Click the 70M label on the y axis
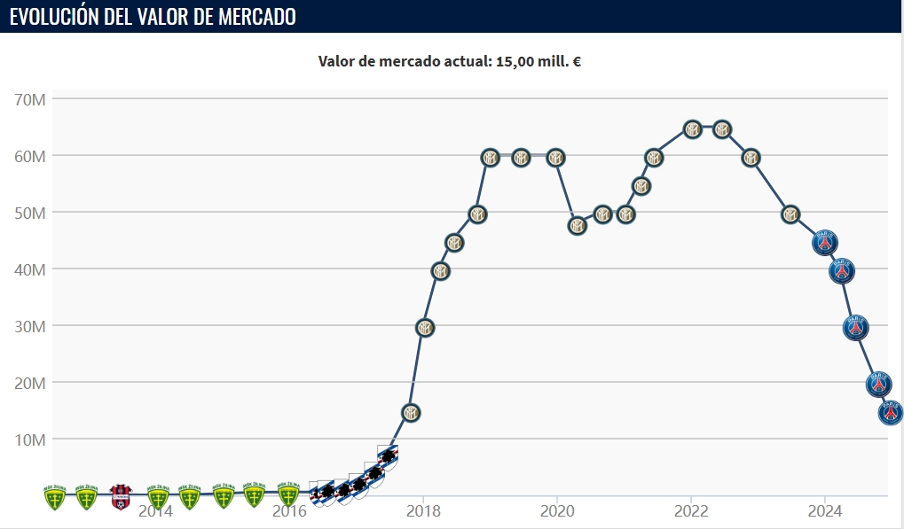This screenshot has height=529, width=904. click(x=30, y=99)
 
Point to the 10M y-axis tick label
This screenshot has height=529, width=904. click(x=30, y=440)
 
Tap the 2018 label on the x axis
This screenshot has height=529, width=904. click(x=423, y=511)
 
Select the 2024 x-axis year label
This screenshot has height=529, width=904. click(x=824, y=511)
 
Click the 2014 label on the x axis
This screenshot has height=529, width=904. click(x=156, y=511)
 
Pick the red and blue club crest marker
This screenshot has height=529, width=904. click(x=121, y=496)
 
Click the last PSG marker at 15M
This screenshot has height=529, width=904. click(x=891, y=412)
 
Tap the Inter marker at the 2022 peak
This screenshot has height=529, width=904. click(x=693, y=129)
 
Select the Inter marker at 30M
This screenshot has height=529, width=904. click(x=425, y=328)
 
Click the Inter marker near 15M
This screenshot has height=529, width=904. click(x=411, y=413)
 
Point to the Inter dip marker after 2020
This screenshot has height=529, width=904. click(x=578, y=226)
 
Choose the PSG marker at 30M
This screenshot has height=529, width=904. click(x=855, y=328)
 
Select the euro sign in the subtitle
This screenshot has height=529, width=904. click(x=578, y=61)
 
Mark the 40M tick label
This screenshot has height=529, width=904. click(x=30, y=269)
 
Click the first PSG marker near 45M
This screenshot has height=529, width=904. click(x=826, y=242)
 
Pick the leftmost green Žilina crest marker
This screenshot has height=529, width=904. click(x=55, y=497)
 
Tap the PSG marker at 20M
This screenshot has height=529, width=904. click(x=878, y=384)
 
